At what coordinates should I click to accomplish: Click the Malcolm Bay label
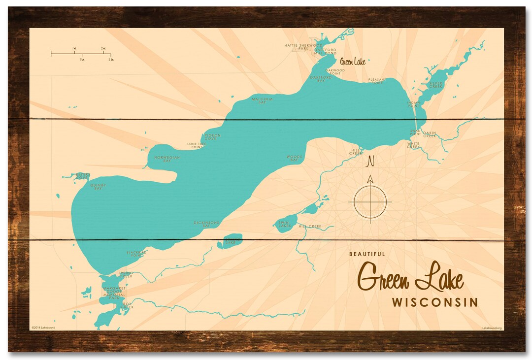[262, 100]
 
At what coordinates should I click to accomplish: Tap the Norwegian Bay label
[167, 159]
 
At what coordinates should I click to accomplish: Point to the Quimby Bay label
[98, 186]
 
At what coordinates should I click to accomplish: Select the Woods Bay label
[294, 158]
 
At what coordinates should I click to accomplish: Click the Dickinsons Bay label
[206, 224]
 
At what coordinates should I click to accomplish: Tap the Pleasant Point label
[377, 80]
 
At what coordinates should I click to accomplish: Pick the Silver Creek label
[436, 85]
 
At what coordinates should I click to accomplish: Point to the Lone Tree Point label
[195, 145]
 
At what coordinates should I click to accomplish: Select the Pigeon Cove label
[212, 136]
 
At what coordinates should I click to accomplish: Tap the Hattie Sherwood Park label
[303, 47]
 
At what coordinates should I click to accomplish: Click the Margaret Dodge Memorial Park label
[115, 293]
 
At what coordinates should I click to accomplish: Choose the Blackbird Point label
[136, 254]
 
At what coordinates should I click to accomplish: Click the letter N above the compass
[371, 161]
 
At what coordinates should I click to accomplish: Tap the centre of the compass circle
[370, 202]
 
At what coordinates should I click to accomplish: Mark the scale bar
[81, 53]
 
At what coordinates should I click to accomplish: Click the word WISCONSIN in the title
[435, 302]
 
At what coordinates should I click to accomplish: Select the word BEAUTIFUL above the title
[367, 254]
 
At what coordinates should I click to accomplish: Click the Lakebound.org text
[492, 327]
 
